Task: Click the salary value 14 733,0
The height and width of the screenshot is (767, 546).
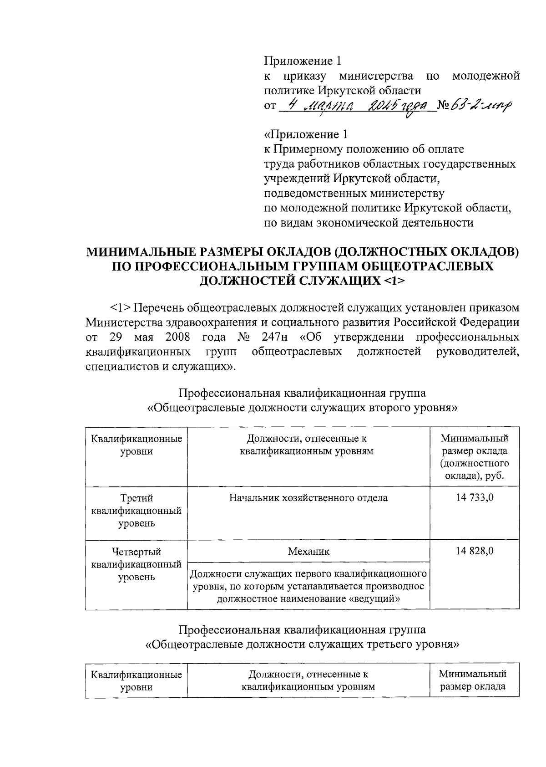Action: click(x=475, y=498)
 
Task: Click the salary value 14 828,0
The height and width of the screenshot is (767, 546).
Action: click(x=475, y=551)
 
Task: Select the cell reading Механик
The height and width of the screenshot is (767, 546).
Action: click(x=308, y=552)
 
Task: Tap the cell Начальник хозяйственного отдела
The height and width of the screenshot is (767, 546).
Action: click(x=308, y=498)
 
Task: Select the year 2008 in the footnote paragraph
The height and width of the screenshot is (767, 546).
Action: click(x=174, y=338)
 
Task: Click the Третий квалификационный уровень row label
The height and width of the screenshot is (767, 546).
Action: click(x=136, y=511)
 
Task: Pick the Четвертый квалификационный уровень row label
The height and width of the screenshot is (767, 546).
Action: click(x=136, y=564)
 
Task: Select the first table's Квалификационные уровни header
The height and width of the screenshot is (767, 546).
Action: click(x=136, y=445)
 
